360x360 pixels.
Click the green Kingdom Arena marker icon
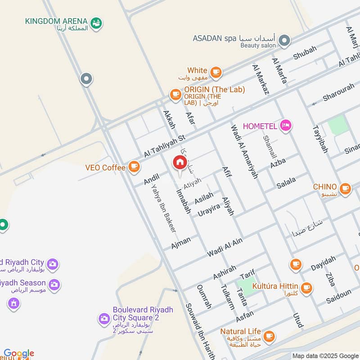coord(96,22)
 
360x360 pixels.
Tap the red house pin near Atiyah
coord(180,163)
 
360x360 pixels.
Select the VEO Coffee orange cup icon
coord(134,167)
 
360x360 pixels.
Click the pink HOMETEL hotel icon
coord(285,126)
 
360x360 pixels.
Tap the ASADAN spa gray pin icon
coord(284,42)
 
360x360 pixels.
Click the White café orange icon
coord(216,71)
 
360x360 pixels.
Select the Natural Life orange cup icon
coord(269,336)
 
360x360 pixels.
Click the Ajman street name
coord(181,243)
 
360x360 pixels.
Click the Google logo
coord(19,354)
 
